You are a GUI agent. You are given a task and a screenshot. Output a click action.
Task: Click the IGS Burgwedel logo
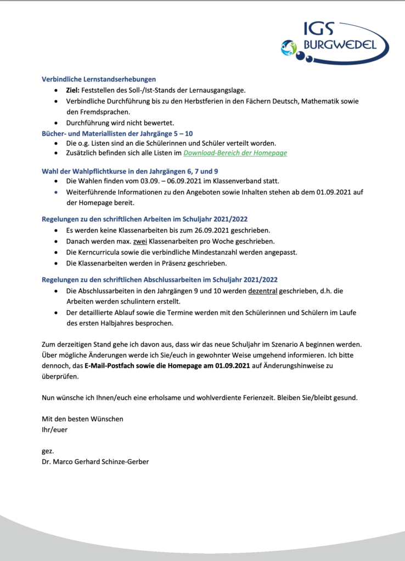coord(334,41)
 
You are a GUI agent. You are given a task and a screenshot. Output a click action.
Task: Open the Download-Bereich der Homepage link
coord(235,153)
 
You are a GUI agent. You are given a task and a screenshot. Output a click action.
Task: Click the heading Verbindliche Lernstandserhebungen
coord(99,79)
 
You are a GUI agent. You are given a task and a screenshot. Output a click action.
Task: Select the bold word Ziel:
coord(73,90)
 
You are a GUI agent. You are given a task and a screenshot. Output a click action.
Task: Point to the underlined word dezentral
coord(262,290)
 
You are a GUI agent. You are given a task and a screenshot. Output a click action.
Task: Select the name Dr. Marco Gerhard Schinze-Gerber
coord(95,461)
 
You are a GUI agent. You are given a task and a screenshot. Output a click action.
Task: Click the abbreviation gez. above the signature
coord(48,450)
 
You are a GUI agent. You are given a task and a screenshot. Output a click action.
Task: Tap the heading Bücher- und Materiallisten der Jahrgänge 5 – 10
coord(117,133)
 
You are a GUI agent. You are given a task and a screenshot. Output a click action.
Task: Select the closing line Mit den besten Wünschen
coord(82,419)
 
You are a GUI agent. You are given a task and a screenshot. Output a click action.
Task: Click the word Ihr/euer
coord(54,430)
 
